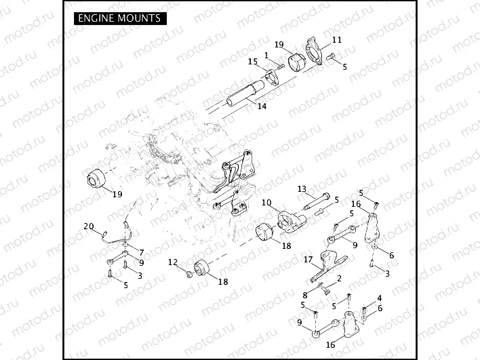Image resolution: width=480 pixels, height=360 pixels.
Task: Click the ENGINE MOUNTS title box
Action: point(119,18)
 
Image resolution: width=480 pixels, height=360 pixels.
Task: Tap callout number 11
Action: point(336,40)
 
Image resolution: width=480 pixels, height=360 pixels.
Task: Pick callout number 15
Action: point(253,62)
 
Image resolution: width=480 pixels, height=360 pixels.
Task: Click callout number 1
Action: point(266,55)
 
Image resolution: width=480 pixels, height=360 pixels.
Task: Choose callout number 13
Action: point(302,188)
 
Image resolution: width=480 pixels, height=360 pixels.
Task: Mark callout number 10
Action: point(266,203)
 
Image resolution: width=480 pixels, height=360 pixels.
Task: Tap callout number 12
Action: point(173,262)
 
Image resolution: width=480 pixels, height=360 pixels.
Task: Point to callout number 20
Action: point(88,226)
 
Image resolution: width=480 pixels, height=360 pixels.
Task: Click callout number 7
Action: point(141,252)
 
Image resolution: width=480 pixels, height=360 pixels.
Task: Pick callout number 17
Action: point(307,260)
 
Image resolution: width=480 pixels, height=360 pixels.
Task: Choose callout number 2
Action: point(338,278)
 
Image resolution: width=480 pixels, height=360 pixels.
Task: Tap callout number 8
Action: point(306,295)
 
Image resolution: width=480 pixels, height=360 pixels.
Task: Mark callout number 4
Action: point(379,298)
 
